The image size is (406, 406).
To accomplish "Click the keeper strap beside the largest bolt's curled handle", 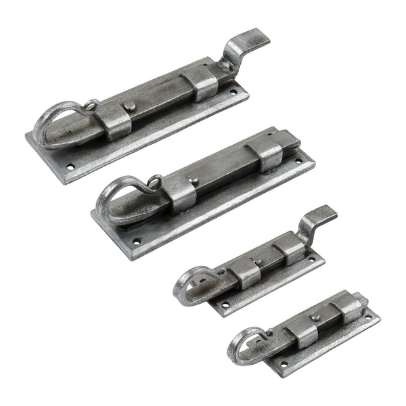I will pyautogui.click(x=112, y=122).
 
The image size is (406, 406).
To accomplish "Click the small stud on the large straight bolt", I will pyautogui.click(x=194, y=181).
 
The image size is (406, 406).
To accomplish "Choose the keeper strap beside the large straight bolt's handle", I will pyautogui.click(x=180, y=194).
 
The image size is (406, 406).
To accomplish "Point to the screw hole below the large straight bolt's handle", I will pyautogui.click(x=136, y=241).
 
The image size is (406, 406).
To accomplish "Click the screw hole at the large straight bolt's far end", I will pyautogui.click(x=298, y=161).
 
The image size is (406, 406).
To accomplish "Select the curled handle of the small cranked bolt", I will pyautogui.click(x=193, y=284).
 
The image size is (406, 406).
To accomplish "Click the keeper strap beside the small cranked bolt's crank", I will pyautogui.click(x=290, y=249).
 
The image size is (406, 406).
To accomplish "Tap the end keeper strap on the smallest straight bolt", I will pyautogui.click(x=350, y=307).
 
